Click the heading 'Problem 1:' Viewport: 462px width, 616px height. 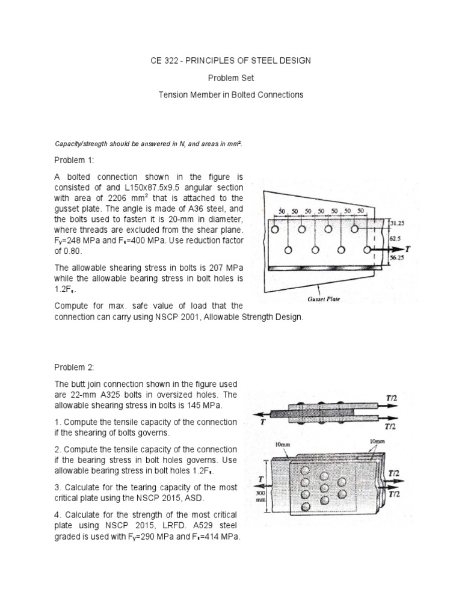75,161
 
